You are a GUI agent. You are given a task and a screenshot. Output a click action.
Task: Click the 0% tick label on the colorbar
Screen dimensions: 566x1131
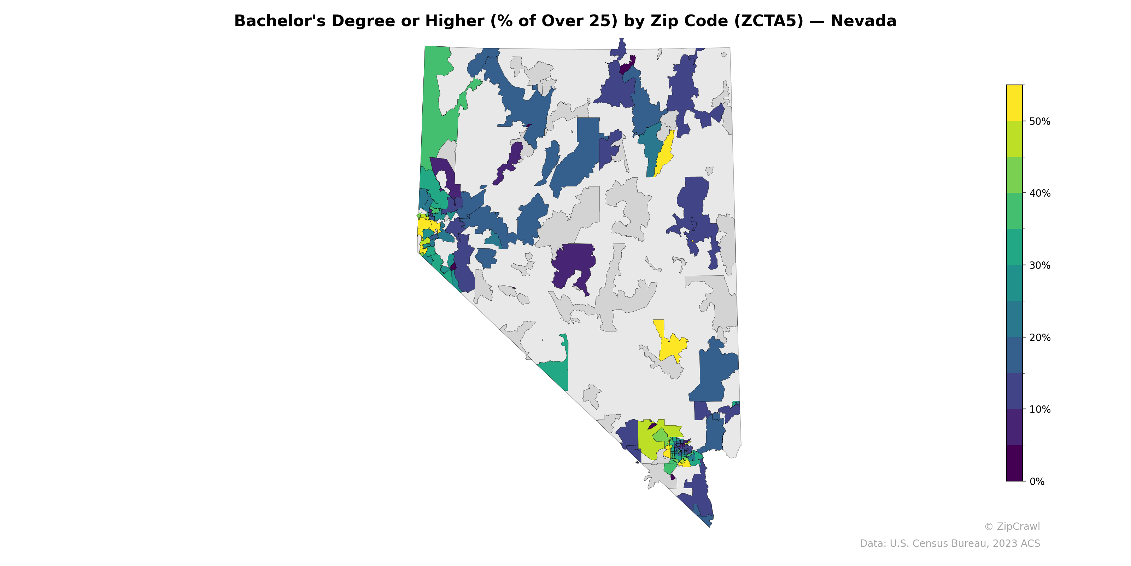coord(1037,481)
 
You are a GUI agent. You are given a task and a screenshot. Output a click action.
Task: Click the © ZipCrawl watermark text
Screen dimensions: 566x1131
coord(1012,526)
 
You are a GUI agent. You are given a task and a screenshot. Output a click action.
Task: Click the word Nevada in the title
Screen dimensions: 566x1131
coord(863,21)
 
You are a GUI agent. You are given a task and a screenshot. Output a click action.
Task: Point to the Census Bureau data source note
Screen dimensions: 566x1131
coord(950,544)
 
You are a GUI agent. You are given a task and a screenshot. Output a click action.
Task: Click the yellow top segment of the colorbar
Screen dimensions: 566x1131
coord(1014,103)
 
